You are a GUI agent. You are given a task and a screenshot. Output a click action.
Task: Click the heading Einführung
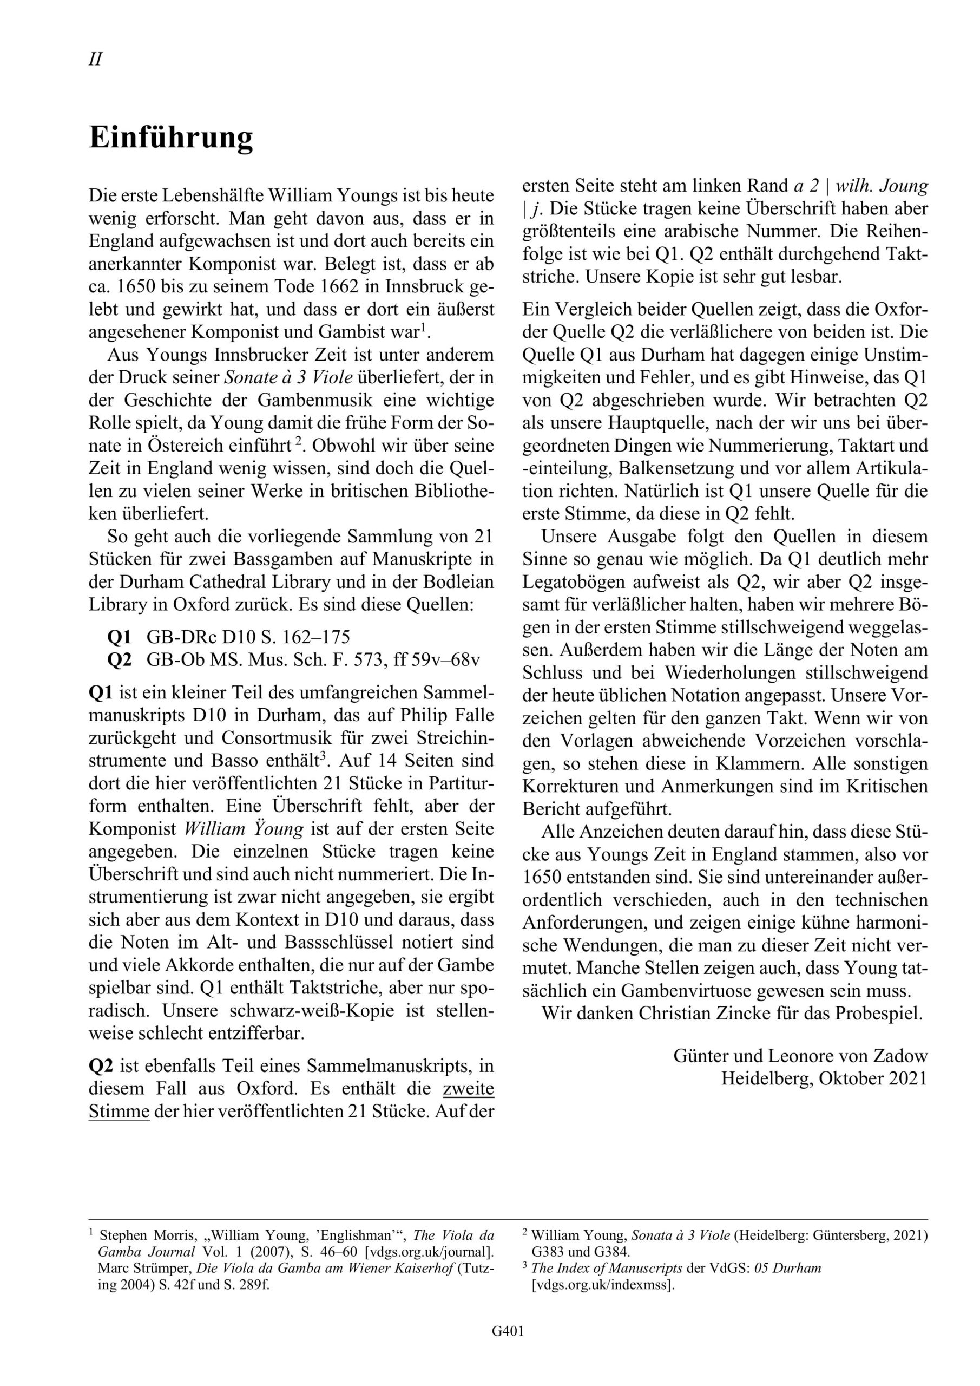[171, 138]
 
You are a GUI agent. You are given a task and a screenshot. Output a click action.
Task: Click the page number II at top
[95, 60]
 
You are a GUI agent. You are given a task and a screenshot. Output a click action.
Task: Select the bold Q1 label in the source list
[119, 637]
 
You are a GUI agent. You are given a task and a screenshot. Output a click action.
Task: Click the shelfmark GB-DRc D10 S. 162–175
[248, 637]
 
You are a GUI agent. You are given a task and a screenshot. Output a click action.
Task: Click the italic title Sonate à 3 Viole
[288, 378]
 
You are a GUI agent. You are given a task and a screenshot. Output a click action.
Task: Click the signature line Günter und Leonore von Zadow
[800, 1056]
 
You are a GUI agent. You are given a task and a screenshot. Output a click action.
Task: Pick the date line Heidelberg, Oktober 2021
[824, 1078]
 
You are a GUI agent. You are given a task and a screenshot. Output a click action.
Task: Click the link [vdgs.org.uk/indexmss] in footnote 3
[602, 1285]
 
